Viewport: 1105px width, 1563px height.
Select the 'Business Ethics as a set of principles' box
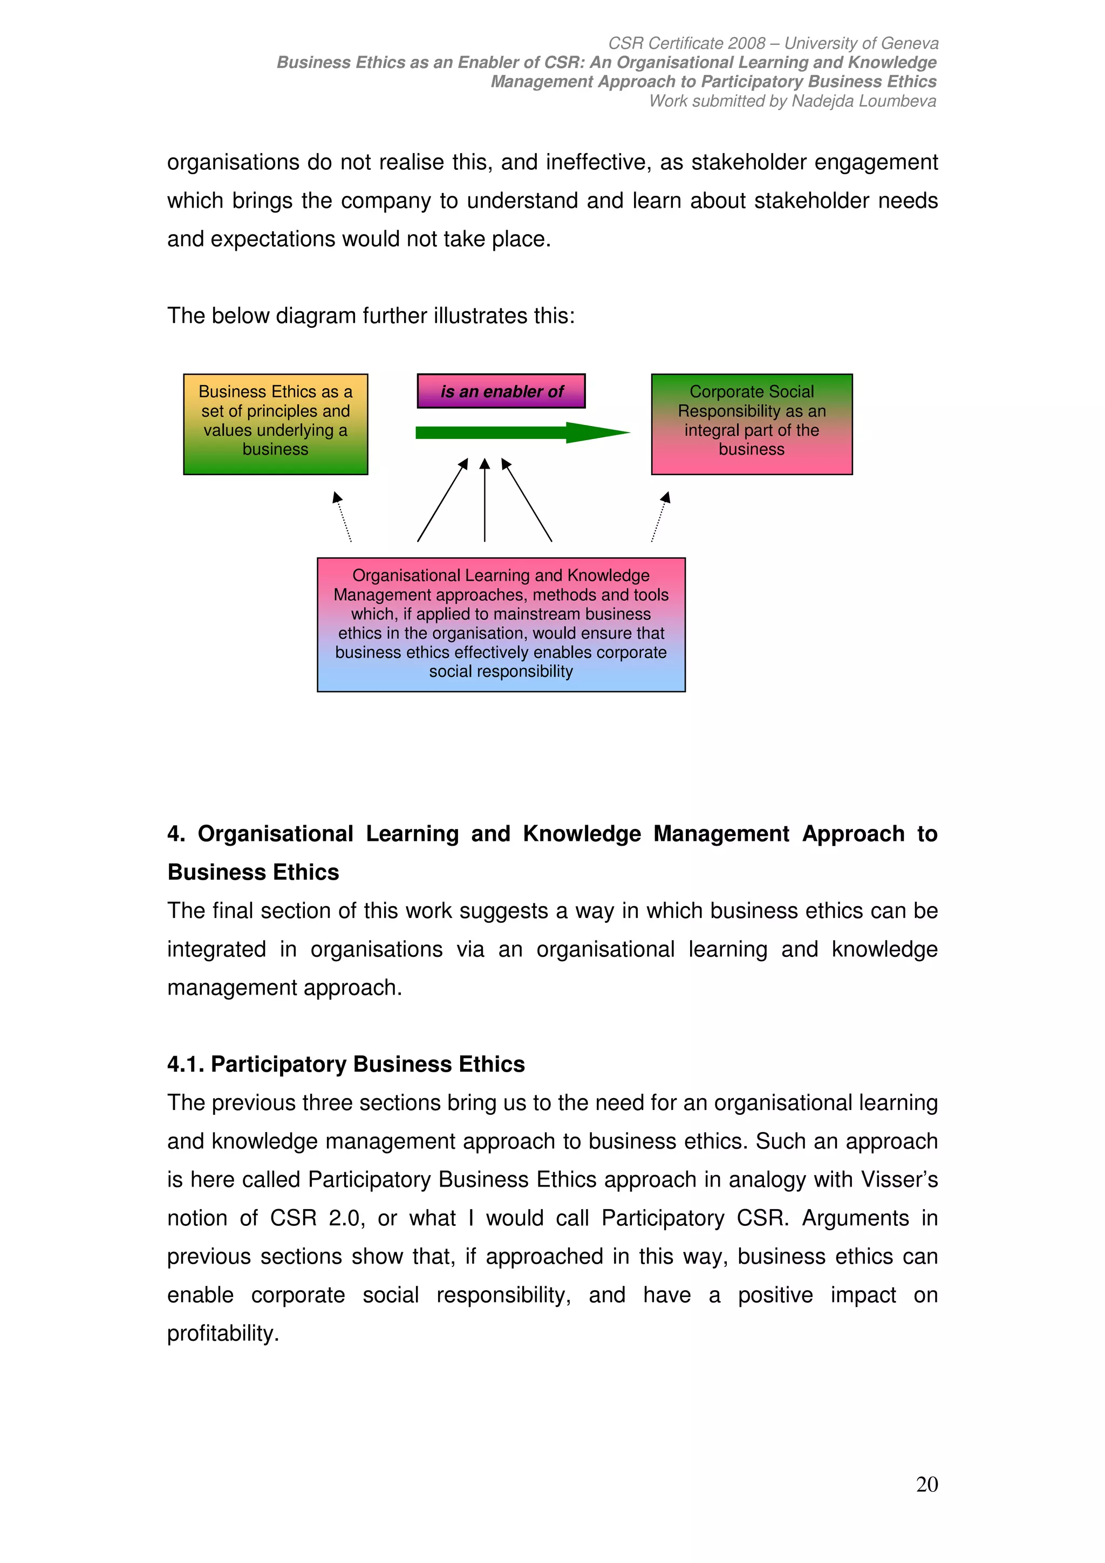(275, 423)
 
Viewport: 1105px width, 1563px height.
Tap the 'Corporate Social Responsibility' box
(751, 423)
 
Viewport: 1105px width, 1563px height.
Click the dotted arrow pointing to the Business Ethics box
(343, 517)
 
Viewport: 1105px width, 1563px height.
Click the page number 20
(926, 1484)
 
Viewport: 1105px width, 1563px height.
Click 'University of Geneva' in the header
(861, 43)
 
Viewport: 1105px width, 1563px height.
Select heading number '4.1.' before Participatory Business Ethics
(185, 1064)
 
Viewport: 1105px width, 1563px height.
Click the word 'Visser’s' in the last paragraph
(899, 1180)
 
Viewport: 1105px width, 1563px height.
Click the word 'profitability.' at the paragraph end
(223, 1333)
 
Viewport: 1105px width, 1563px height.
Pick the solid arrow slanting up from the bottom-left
(442, 501)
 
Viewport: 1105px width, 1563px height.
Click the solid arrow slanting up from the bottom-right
(527, 501)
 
